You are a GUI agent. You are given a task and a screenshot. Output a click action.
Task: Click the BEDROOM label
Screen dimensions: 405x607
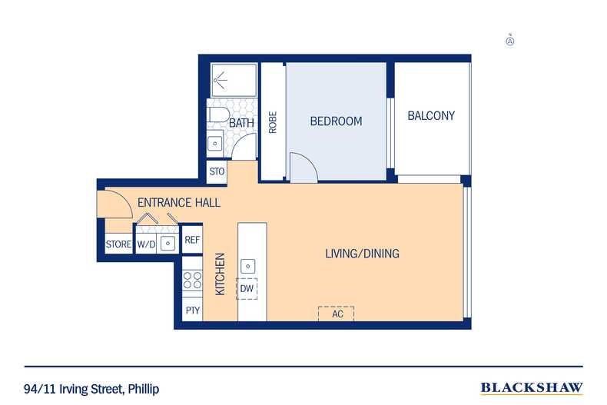pos(336,121)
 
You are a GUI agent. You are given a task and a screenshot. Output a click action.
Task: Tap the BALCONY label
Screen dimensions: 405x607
pos(431,116)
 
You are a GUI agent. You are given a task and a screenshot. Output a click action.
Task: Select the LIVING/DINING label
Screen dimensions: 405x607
pos(362,254)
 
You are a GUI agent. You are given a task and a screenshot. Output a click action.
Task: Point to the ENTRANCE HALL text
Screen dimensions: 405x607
pos(179,203)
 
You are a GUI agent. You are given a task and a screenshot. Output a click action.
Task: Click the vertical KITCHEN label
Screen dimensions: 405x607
pos(220,274)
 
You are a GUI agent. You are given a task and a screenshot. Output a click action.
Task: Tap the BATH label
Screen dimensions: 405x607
pos(241,123)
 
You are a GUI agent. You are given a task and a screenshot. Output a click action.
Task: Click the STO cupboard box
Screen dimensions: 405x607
pos(217,171)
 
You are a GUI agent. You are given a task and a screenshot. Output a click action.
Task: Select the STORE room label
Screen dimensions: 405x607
pos(119,245)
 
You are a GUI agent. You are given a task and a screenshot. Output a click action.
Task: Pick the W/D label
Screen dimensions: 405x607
pos(146,245)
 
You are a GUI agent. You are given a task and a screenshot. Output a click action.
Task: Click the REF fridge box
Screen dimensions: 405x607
pos(192,241)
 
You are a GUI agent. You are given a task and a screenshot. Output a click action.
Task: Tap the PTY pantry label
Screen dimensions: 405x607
pos(192,310)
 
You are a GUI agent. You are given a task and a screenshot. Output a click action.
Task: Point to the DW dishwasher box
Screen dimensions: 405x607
pos(247,288)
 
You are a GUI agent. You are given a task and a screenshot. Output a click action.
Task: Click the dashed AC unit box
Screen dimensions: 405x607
pos(337,314)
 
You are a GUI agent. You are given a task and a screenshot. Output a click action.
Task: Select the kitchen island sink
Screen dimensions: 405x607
pos(247,266)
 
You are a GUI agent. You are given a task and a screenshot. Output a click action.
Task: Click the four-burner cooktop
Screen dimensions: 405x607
pos(192,281)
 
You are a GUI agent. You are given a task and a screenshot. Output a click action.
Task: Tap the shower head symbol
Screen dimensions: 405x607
pos(223,78)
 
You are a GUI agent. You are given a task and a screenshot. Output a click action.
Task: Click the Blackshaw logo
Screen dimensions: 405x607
pos(531,387)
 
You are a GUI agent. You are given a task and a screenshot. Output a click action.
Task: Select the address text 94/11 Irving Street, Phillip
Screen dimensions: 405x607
pos(91,389)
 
